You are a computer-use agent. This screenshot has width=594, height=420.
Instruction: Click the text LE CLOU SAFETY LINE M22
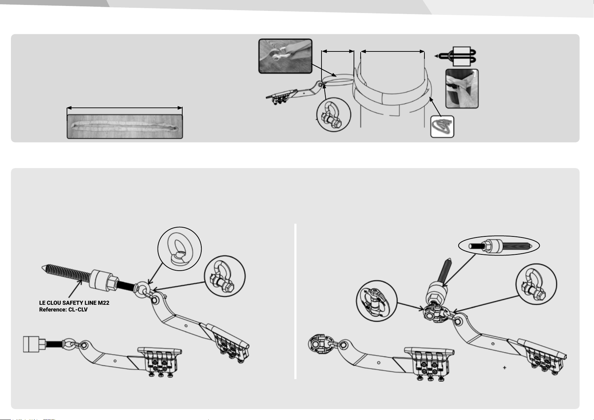click(x=74, y=303)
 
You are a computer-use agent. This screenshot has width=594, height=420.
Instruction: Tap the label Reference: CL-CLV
click(x=63, y=310)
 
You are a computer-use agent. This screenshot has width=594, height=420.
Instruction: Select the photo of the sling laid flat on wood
click(x=125, y=126)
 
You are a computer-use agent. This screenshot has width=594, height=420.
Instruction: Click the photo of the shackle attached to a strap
click(x=285, y=56)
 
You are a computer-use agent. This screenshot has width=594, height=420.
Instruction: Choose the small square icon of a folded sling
click(x=442, y=126)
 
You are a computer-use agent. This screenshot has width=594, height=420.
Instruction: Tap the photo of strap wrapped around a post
click(x=462, y=88)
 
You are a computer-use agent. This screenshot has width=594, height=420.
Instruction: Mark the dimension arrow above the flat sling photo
click(x=125, y=108)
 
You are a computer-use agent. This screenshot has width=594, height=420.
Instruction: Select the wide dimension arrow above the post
click(x=393, y=52)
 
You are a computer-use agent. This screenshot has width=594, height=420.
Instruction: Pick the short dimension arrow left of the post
click(x=338, y=51)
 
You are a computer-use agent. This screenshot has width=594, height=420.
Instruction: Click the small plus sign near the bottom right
click(x=505, y=367)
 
